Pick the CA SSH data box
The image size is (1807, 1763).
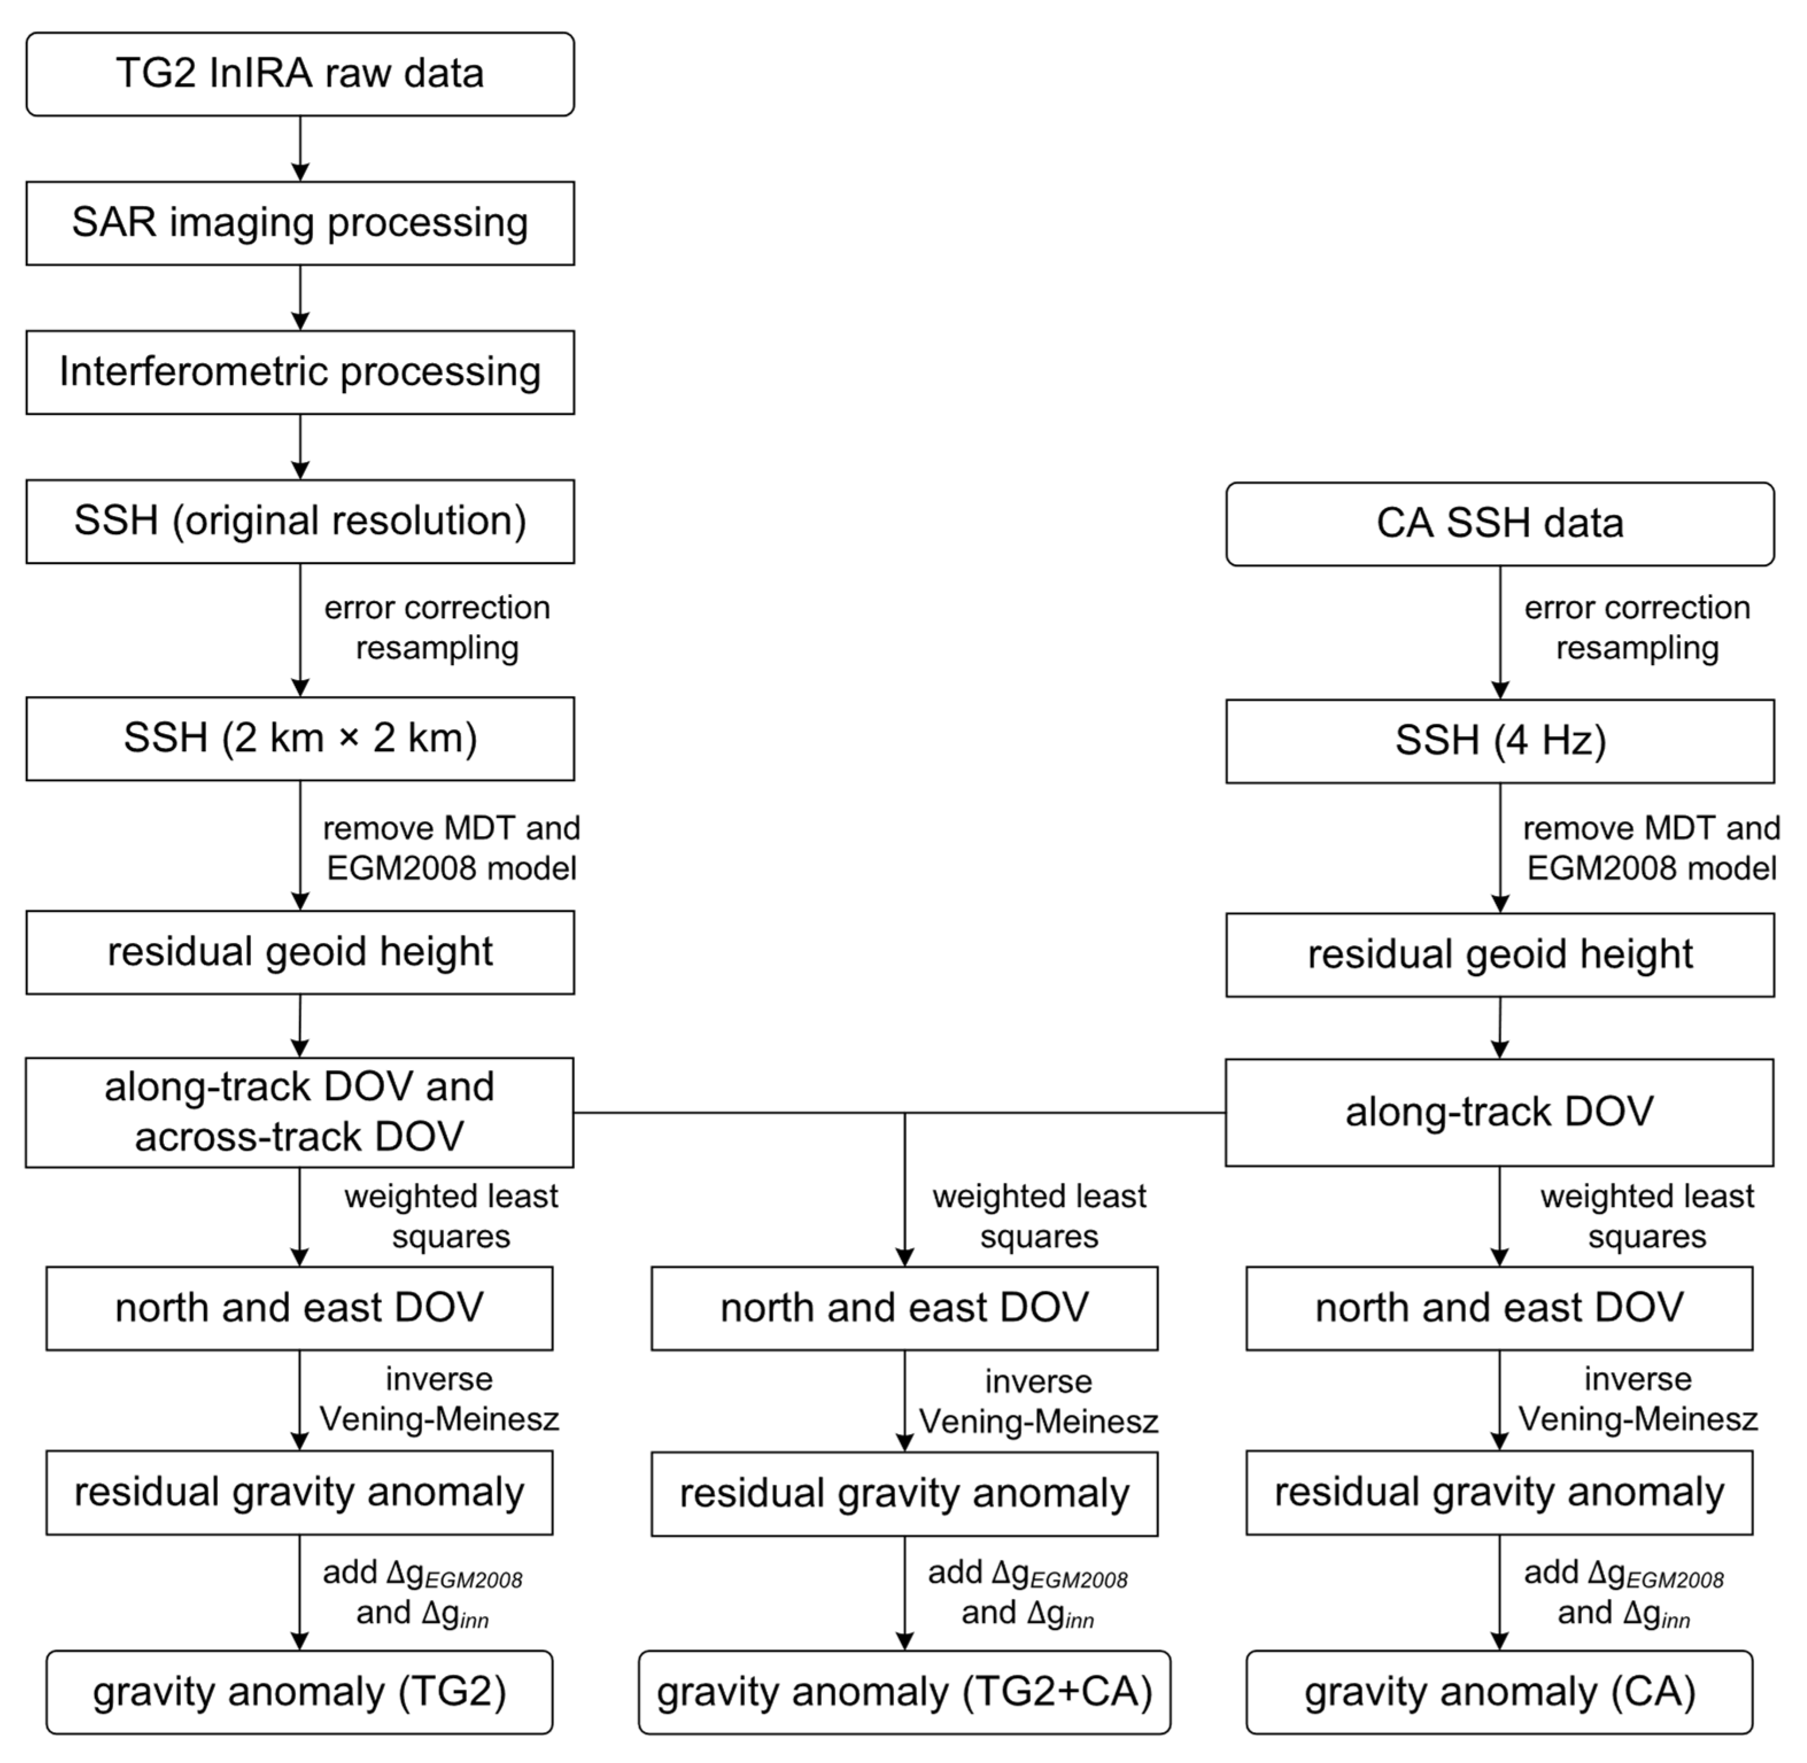1499,524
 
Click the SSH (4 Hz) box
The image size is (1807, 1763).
1499,741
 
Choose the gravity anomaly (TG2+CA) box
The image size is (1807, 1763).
904,1692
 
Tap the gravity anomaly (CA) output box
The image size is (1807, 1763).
1499,1692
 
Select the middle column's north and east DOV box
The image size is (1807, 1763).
904,1308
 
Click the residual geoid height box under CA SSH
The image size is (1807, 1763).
1499,954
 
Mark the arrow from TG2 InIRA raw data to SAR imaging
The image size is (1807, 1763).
300,148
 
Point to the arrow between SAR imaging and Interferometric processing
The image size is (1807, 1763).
300,297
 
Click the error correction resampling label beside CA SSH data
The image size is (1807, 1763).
1637,628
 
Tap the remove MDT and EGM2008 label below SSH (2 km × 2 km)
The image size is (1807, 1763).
451,848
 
